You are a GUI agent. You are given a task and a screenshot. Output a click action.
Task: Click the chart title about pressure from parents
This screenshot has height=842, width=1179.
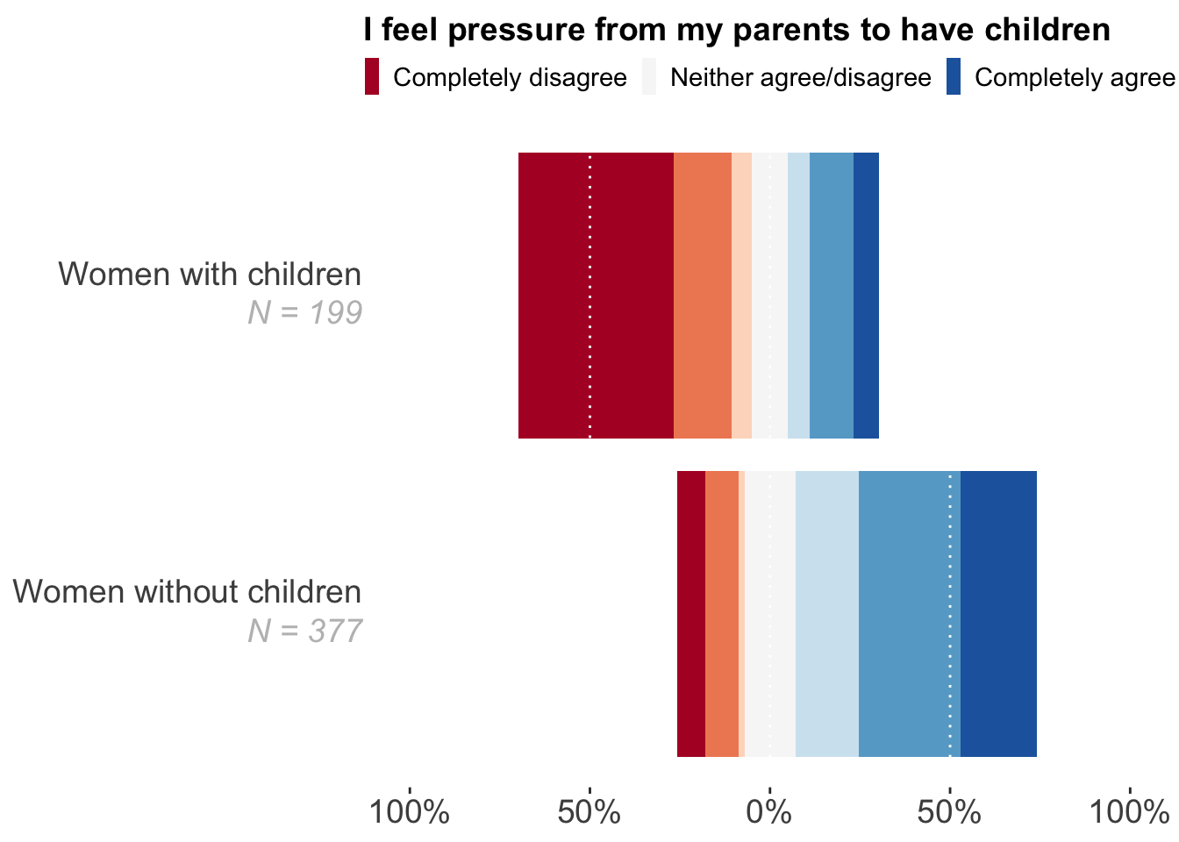tap(737, 31)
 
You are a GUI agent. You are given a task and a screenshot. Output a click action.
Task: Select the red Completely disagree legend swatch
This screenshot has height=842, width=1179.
tap(372, 77)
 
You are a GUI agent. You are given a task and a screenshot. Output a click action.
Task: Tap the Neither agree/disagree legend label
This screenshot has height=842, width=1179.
tap(800, 78)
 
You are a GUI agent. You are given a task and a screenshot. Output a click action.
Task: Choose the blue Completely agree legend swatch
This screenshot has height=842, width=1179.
tap(954, 77)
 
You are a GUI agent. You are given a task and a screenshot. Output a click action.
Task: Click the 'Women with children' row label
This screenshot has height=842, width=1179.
tap(210, 275)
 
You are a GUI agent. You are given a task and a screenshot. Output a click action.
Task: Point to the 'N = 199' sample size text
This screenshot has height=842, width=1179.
tap(304, 313)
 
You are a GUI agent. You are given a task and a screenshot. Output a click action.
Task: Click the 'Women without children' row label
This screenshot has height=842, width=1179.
tap(187, 592)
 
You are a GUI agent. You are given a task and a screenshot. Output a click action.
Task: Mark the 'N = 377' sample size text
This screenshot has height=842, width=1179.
tap(304, 631)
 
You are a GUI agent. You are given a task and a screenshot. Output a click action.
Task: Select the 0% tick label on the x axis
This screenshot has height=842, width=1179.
tap(769, 812)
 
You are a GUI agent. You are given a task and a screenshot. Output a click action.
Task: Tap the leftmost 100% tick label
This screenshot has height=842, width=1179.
tap(410, 812)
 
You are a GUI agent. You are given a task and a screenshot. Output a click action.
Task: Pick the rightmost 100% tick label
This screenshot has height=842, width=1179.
tap(1129, 812)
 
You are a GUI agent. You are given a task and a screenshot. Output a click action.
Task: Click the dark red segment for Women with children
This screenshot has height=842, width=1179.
tap(596, 295)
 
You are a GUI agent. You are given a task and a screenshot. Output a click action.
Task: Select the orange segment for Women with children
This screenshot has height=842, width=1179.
tap(702, 295)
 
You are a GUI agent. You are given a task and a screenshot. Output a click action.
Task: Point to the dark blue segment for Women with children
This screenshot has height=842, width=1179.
tap(866, 295)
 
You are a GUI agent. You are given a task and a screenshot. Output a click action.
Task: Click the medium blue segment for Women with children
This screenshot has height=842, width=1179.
tap(831, 295)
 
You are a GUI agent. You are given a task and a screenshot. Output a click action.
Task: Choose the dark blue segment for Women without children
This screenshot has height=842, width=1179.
tap(998, 613)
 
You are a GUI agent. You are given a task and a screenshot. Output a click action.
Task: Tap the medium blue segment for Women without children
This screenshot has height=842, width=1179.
tap(909, 613)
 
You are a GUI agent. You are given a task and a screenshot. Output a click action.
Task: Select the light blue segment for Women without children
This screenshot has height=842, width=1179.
tap(826, 613)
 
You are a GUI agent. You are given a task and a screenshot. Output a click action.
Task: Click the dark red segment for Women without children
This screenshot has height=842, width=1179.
tap(690, 613)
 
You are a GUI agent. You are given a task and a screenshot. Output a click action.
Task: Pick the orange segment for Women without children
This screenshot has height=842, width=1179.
tap(721, 613)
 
